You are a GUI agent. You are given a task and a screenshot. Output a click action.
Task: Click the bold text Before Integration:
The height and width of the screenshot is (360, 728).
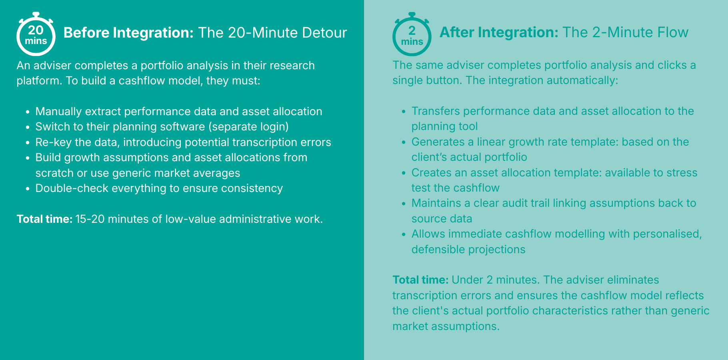point(128,33)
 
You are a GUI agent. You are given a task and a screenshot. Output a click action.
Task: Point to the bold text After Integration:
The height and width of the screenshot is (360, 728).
point(499,32)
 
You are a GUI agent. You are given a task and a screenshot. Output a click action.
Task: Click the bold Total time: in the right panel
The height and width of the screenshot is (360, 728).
point(420,280)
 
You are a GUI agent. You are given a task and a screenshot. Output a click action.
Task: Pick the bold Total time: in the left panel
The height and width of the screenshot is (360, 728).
point(44,219)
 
